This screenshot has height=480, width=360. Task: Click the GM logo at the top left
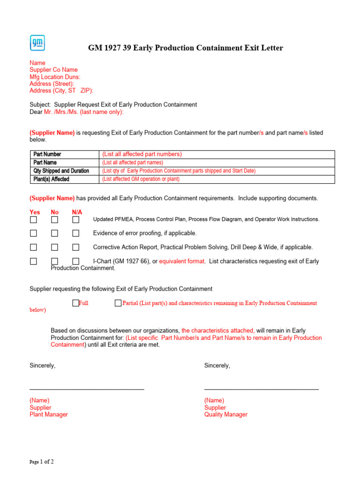[x=37, y=43]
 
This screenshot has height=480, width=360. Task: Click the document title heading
[x=186, y=48]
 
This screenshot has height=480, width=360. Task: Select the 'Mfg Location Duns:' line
[x=55, y=77]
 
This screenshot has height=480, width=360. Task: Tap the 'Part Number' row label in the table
[x=47, y=154]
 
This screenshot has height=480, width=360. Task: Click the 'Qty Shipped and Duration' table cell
[x=61, y=171]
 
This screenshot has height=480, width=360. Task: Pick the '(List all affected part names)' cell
[x=133, y=163]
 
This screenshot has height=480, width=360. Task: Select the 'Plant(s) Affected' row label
[x=51, y=179]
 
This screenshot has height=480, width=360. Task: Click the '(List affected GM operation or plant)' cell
[x=141, y=179]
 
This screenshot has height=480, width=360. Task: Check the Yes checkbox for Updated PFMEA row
[x=34, y=219]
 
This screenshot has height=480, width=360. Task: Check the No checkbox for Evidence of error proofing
[x=55, y=233]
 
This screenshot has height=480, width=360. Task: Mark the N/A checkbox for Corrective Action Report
[x=75, y=247]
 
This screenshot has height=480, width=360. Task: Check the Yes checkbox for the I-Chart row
[x=34, y=262]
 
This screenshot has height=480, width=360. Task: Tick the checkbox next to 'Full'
[x=75, y=303]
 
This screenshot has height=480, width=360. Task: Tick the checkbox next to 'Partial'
[x=118, y=303]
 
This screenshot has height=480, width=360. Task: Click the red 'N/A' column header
[x=77, y=212]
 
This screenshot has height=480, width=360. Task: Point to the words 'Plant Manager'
[x=49, y=414]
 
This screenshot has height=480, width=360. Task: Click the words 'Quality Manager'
[x=226, y=414]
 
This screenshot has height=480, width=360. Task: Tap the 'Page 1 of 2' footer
[x=42, y=462]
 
